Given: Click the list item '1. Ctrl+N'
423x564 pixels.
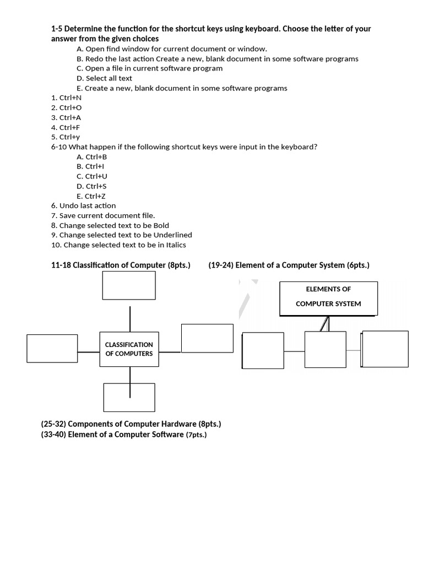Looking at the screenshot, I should [66, 97].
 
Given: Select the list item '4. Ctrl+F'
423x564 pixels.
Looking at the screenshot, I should [66, 127].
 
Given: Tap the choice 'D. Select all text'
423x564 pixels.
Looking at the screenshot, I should [105, 78].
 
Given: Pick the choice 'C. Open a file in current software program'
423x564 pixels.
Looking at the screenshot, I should [150, 68].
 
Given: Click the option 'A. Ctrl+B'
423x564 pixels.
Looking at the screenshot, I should [92, 156].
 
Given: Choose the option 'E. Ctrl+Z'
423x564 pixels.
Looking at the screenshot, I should [91, 196].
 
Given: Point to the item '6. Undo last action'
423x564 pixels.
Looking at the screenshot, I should [83, 205].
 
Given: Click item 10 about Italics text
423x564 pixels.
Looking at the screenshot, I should [118, 245].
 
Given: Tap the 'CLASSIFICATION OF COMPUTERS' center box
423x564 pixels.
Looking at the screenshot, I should [129, 349].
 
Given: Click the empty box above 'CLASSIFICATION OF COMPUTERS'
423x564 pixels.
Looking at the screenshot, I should [129, 285].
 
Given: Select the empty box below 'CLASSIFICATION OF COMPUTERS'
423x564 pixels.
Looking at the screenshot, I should [129, 397].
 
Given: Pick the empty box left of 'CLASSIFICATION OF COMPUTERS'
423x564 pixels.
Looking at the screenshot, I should [52, 349].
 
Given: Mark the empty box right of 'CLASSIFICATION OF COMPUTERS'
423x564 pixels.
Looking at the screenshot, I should [207, 338].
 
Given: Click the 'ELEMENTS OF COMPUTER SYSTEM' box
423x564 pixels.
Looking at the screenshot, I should [329, 298].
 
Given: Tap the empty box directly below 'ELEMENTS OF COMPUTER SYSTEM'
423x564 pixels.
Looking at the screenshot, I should [326, 350].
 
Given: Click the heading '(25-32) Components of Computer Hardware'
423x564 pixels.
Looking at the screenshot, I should [131, 424].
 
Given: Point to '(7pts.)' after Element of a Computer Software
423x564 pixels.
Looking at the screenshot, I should [196, 435].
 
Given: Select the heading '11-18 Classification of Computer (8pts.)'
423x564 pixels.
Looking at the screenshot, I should [121, 265].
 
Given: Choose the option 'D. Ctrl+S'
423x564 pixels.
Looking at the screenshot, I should [92, 186].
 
